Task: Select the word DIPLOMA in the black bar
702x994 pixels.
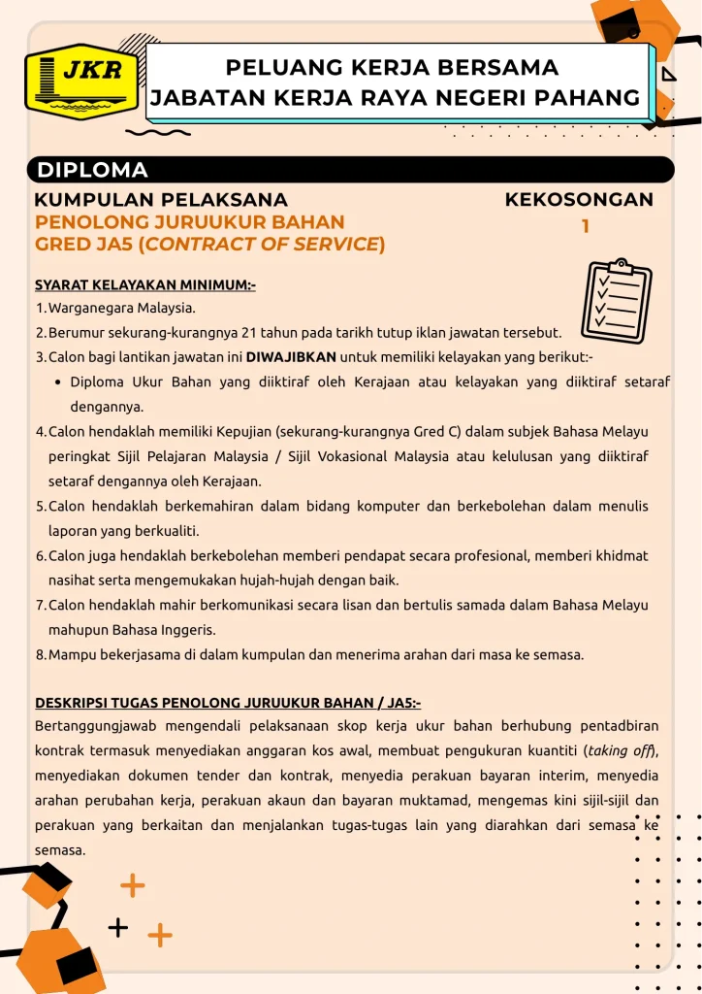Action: pyautogui.click(x=93, y=171)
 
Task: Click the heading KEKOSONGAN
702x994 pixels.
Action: pyautogui.click(x=579, y=200)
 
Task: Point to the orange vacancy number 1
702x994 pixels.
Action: pyautogui.click(x=586, y=227)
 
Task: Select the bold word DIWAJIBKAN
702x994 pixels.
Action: pyautogui.click(x=291, y=357)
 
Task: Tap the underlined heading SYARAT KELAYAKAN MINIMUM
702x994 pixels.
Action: pyautogui.click(x=144, y=285)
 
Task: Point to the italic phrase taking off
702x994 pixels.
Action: pyautogui.click(x=621, y=750)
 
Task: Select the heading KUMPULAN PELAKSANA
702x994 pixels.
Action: pyautogui.click(x=160, y=200)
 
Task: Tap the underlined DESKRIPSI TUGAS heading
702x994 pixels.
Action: pyautogui.click(x=228, y=702)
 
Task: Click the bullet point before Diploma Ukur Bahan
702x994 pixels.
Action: pyautogui.click(x=59, y=382)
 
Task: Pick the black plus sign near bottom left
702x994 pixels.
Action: pyautogui.click(x=118, y=928)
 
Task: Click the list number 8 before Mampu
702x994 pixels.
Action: pyautogui.click(x=41, y=654)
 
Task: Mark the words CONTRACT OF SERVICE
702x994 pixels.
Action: pyautogui.click(x=262, y=245)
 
